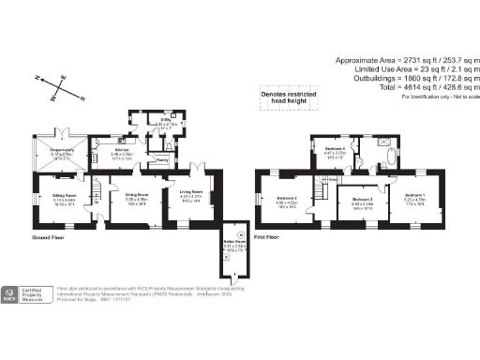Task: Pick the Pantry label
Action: tap(162, 160)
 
